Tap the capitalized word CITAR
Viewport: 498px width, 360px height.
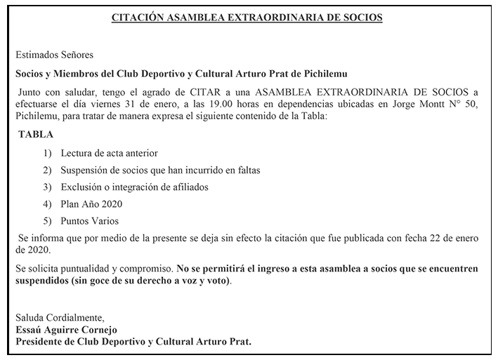tap(204, 91)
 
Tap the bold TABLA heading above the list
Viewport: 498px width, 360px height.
tap(36, 134)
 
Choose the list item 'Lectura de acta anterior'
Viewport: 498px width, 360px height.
tap(109, 153)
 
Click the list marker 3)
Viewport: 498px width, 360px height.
tap(47, 187)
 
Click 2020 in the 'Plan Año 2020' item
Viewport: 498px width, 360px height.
tap(111, 204)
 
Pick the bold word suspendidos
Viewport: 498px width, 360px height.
tap(40, 281)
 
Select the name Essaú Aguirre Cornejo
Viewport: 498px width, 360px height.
tap(66, 330)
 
